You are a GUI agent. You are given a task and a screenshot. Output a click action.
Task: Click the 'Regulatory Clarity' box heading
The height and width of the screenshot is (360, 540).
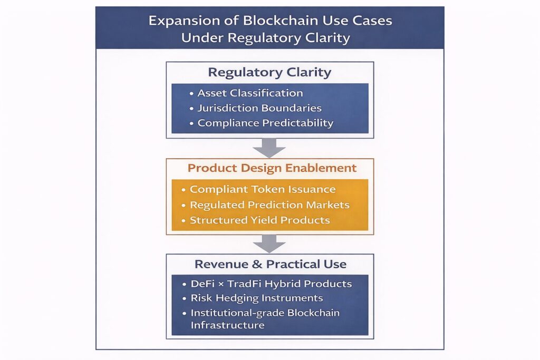[269, 72]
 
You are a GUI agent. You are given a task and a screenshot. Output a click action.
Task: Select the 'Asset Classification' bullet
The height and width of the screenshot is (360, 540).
[250, 93]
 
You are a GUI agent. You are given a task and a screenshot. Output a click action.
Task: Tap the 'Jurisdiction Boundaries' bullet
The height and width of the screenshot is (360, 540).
[259, 108]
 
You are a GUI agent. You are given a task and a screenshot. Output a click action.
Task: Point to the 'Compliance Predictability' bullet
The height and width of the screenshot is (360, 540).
[265, 123]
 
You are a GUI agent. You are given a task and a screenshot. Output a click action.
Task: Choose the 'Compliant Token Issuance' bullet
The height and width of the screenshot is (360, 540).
[263, 189]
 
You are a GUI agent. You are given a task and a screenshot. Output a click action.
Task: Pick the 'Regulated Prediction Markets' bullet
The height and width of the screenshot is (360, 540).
[269, 205]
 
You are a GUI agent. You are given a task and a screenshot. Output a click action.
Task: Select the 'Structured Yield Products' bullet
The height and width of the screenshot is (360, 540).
[260, 220]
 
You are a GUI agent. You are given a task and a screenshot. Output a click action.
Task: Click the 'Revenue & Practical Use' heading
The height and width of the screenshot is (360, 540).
[269, 264]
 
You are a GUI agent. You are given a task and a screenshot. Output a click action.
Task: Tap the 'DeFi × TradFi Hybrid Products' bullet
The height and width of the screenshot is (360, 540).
[271, 284]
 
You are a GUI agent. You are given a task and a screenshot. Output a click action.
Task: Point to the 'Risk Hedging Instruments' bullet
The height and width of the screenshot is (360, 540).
[256, 298]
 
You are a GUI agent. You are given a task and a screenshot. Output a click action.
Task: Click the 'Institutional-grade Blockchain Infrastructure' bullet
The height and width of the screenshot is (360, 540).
[265, 319]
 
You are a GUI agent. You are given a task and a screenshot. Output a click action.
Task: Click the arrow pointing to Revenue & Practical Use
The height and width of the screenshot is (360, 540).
[269, 244]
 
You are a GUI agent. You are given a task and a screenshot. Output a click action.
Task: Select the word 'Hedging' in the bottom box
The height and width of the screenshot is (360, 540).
[236, 298]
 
